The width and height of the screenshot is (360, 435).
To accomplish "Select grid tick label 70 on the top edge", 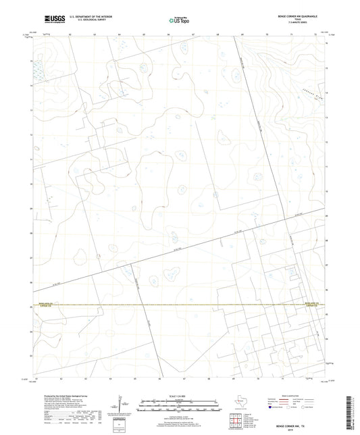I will point(267,32).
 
